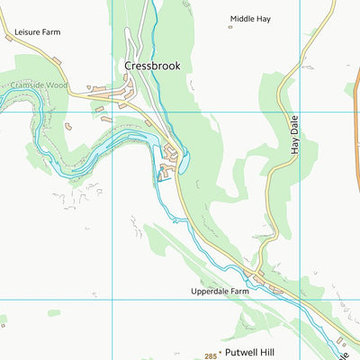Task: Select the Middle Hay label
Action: pyautogui.click(x=250, y=18)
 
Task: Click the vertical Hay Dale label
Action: pyautogui.click(x=294, y=133)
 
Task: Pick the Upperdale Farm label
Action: pyautogui.click(x=219, y=292)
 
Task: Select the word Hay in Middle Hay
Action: pyautogui.click(x=264, y=18)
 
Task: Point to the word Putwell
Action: pyautogui.click(x=242, y=354)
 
